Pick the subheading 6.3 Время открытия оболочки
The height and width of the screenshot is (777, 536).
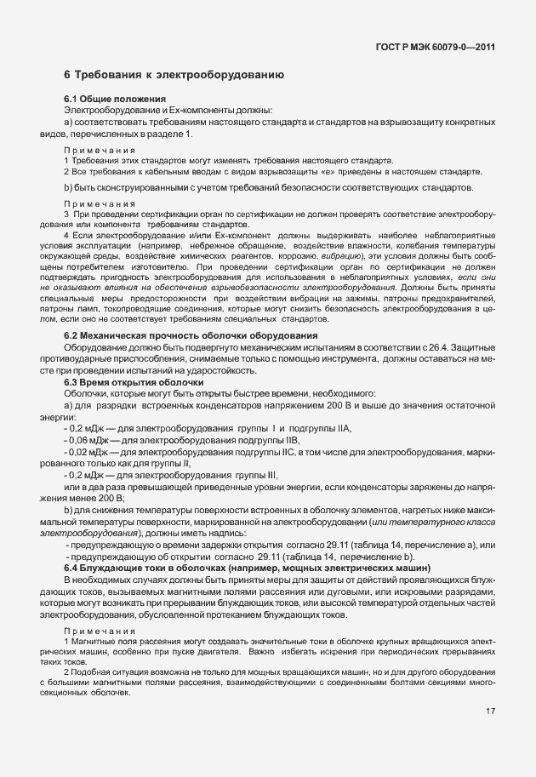coord(126,382)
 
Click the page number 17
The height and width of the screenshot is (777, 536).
coord(491,711)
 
